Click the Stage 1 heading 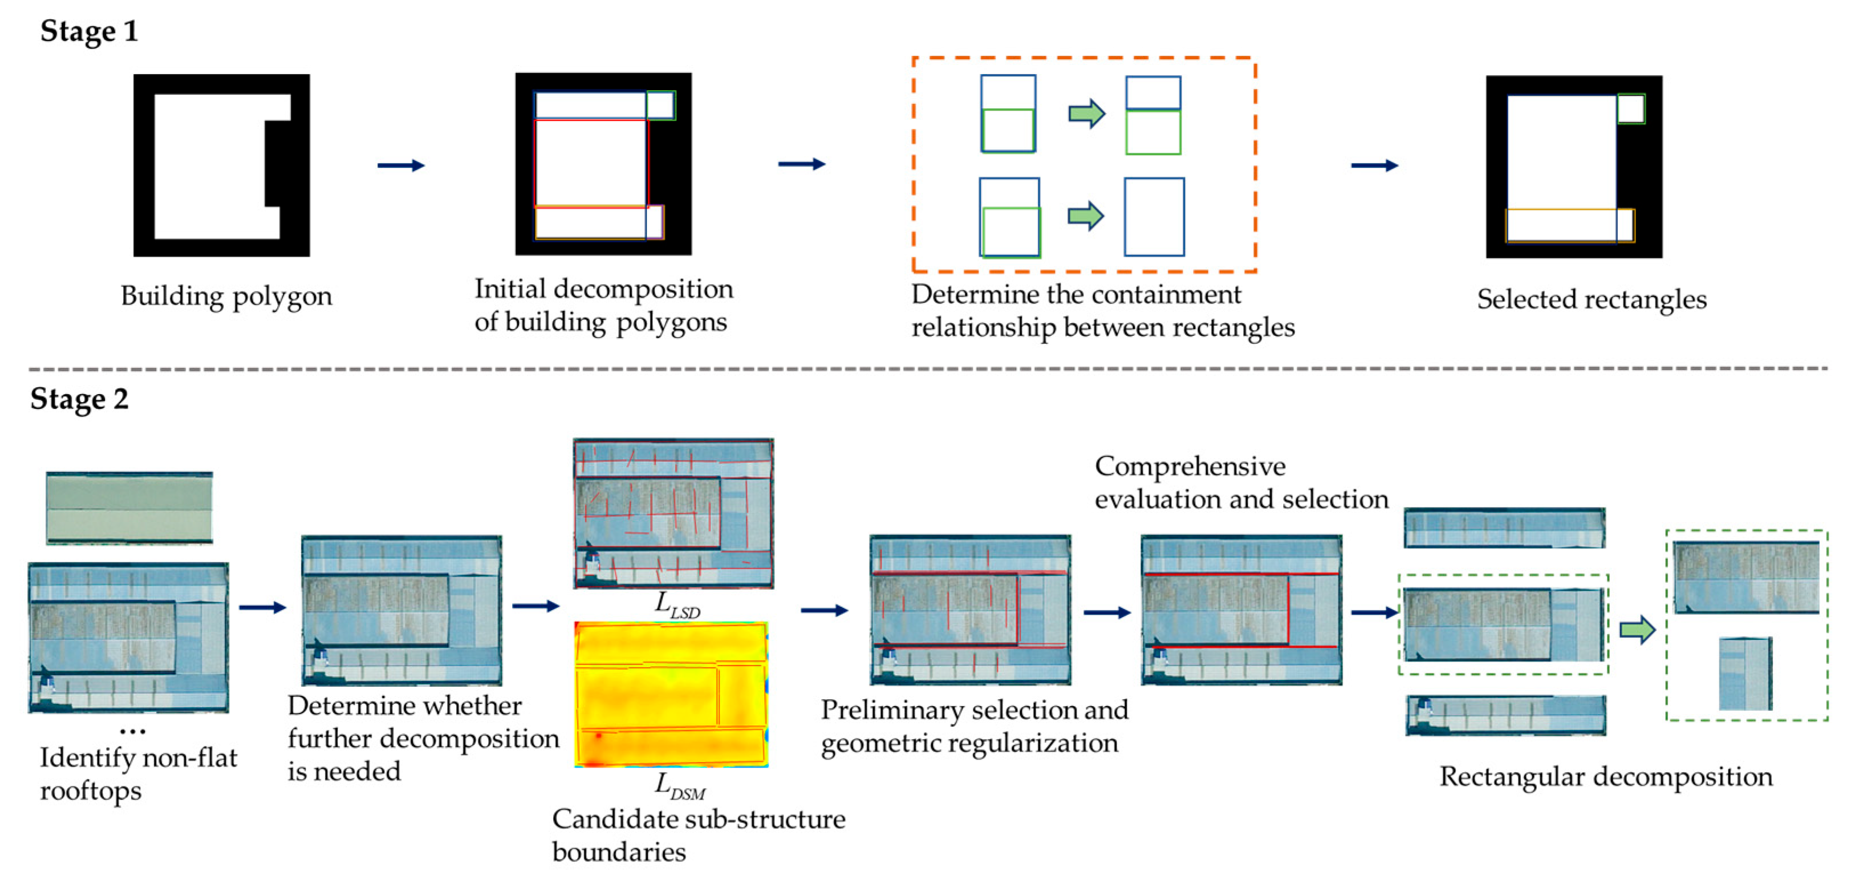(88, 31)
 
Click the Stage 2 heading (79, 399)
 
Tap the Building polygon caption (226, 296)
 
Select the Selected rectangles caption (1591, 299)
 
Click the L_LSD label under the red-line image (676, 605)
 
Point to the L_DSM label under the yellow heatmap (679, 786)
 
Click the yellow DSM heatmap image (671, 695)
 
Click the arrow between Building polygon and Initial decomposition (401, 166)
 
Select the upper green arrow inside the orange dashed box (1086, 113)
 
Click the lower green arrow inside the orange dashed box (1085, 216)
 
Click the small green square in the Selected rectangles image (1630, 109)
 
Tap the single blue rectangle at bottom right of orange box (1154, 217)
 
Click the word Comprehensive (1190, 467)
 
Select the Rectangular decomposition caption (1605, 777)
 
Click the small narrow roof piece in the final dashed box (1745, 674)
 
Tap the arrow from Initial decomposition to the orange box (801, 164)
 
